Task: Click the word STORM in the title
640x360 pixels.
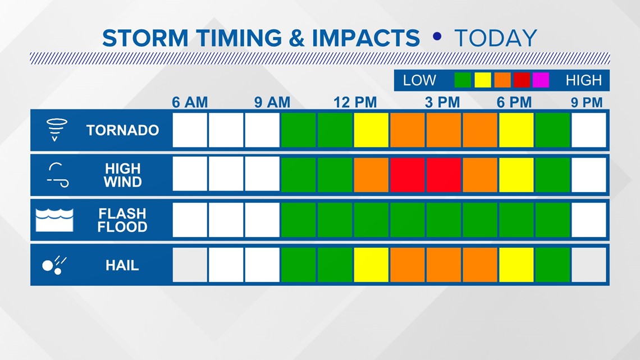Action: tap(145, 38)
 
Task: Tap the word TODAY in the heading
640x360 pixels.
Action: tap(496, 38)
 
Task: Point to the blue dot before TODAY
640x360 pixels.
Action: tap(437, 37)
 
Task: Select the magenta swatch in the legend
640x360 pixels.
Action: tap(541, 80)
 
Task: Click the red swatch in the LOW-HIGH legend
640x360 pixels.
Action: tap(522, 80)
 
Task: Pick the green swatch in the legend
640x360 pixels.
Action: tap(463, 80)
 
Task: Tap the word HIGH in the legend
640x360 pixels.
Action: tap(584, 80)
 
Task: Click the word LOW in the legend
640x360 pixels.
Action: tap(419, 80)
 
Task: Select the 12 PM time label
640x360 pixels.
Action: tap(355, 102)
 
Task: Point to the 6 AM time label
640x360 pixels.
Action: tap(190, 102)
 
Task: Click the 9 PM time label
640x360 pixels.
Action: tap(587, 102)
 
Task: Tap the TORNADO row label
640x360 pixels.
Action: tap(122, 130)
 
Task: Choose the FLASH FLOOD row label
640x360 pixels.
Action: tap(122, 220)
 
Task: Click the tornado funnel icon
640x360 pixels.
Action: tap(56, 130)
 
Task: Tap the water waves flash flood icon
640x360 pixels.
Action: tap(54, 220)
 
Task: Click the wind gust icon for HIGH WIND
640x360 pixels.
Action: tap(58, 175)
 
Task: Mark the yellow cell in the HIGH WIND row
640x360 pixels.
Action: tap(516, 175)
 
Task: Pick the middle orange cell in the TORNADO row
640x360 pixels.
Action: tap(444, 130)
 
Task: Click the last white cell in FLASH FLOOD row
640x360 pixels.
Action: tap(588, 220)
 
